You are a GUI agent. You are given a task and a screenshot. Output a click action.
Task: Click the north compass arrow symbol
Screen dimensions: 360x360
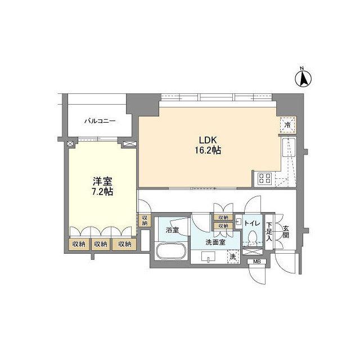303,79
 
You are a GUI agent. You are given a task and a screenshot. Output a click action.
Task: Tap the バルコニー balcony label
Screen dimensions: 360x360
100,121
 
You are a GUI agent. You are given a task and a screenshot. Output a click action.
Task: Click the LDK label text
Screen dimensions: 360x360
208,140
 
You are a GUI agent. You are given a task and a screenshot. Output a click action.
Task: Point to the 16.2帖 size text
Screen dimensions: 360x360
208,150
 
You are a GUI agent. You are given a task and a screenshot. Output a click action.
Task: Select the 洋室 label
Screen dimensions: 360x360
102,182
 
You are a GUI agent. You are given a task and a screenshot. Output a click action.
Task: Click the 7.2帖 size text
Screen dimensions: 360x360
102,191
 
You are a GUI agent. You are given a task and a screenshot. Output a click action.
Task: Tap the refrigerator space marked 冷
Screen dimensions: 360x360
287,125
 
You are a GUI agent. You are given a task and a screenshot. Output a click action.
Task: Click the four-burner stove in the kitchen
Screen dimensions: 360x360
265,178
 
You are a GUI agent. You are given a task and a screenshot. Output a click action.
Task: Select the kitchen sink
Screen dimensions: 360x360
289,147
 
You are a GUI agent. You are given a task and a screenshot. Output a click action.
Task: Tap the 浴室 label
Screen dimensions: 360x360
173,230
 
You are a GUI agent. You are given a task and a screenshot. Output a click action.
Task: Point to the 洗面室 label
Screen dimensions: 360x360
215,242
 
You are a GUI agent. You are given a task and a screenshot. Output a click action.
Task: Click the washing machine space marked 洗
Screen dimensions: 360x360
233,257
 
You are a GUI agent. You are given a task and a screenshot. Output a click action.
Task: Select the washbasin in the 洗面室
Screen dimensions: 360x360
208,256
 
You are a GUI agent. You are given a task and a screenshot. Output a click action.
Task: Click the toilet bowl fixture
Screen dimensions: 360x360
253,236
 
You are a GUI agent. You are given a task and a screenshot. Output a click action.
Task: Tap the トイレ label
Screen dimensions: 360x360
252,223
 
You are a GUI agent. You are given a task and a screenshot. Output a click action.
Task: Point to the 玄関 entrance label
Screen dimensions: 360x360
286,232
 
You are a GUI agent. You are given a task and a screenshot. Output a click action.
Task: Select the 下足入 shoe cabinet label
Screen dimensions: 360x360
269,232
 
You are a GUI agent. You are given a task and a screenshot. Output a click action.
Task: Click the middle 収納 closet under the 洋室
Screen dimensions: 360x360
101,244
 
